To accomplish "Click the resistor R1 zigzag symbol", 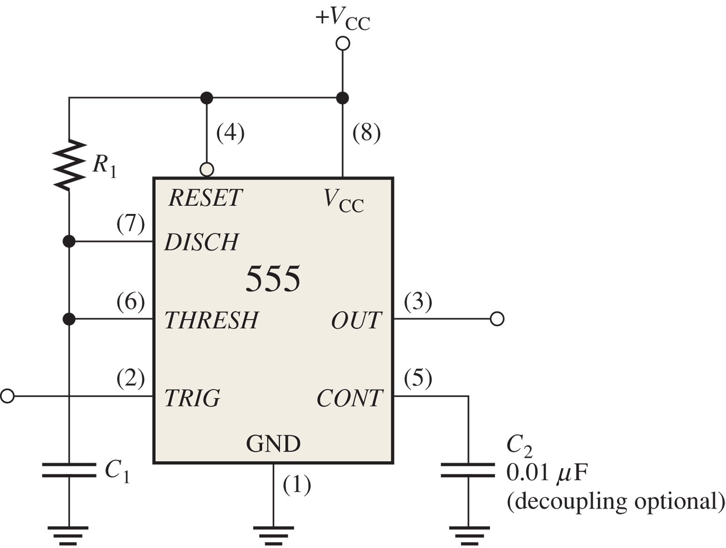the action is tap(69, 165).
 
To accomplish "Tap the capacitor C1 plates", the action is tap(69, 470).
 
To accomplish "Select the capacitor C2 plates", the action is tap(468, 470).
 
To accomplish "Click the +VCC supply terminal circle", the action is tap(343, 43).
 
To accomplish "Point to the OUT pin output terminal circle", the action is tap(497, 319).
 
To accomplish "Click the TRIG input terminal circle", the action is tap(8, 396).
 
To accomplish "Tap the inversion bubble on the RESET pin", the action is tap(206, 170).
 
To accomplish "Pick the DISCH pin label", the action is tap(201, 242).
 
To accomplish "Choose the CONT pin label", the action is tap(350, 397).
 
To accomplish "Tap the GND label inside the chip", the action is tap(273, 443).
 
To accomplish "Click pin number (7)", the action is tap(130, 224).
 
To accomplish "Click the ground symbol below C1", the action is tap(69, 535).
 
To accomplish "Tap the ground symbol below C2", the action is tap(469, 535).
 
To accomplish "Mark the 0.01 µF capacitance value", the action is tap(547, 473).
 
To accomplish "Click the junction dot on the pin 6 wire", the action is tap(69, 319).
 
